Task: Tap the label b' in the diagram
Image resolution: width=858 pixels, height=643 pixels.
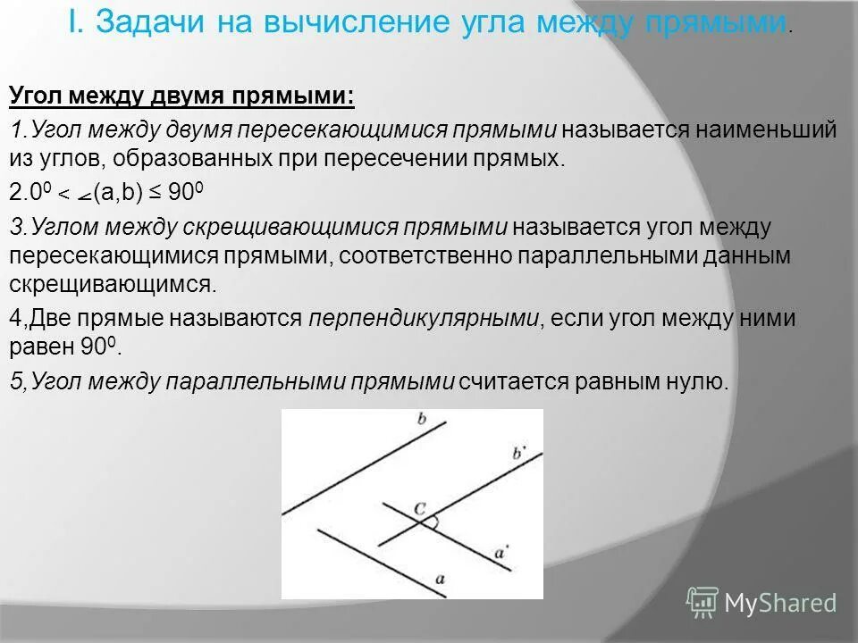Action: [519, 453]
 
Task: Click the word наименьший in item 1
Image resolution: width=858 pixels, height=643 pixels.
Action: [769, 129]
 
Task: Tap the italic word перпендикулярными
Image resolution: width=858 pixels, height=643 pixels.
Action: [425, 319]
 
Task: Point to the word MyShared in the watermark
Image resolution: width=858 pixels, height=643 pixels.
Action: [780, 603]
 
